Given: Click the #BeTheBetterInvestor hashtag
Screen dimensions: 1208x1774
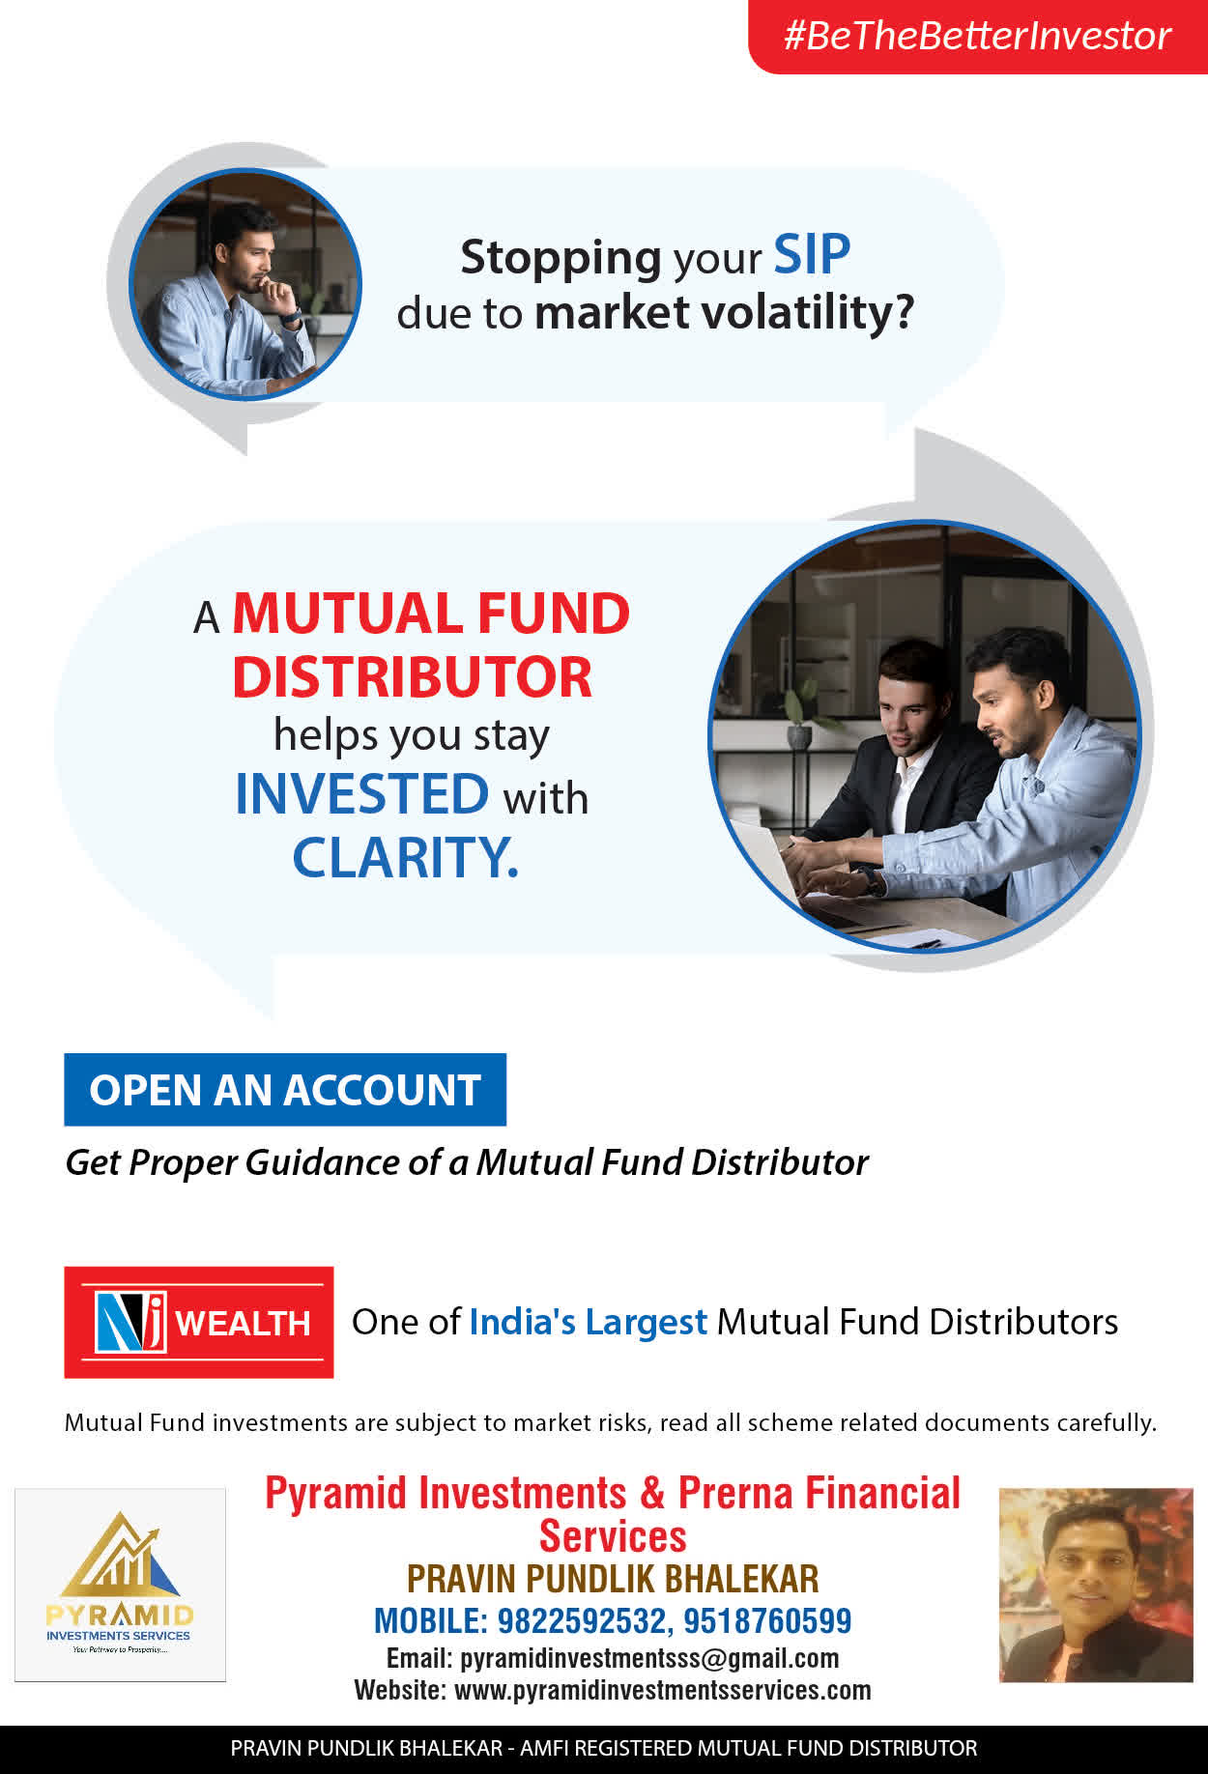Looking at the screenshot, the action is click(x=977, y=36).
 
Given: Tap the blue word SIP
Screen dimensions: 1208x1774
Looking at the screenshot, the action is click(x=812, y=255).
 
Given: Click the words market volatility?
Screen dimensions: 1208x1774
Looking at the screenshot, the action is click(x=724, y=312).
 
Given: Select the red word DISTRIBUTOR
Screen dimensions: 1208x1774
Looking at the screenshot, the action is click(x=412, y=676).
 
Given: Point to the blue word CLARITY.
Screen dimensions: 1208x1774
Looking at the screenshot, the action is click(x=405, y=857).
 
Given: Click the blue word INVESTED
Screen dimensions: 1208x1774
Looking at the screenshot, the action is click(x=361, y=793).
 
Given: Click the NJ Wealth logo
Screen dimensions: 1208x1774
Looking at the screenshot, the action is click(x=199, y=1322).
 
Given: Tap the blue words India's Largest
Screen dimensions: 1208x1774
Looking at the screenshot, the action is click(x=588, y=1322).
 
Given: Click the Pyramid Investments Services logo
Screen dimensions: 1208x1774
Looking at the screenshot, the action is click(x=120, y=1585).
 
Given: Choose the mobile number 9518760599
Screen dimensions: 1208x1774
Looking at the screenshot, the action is click(x=767, y=1620).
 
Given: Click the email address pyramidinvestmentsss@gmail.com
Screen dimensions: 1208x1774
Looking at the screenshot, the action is click(x=649, y=1658).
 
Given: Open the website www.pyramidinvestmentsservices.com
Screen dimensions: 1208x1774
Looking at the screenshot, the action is click(x=663, y=1690).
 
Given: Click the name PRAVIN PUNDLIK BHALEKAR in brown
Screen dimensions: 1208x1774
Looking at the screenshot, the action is click(x=613, y=1579).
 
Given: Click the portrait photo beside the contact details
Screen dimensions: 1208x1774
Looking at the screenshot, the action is click(x=1096, y=1585).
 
